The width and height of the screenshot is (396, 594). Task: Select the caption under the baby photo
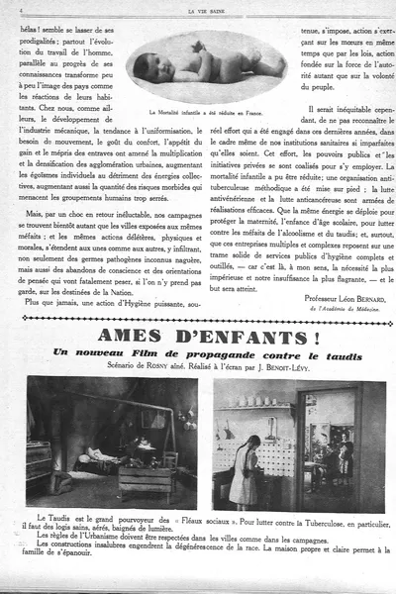tap(206, 113)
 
